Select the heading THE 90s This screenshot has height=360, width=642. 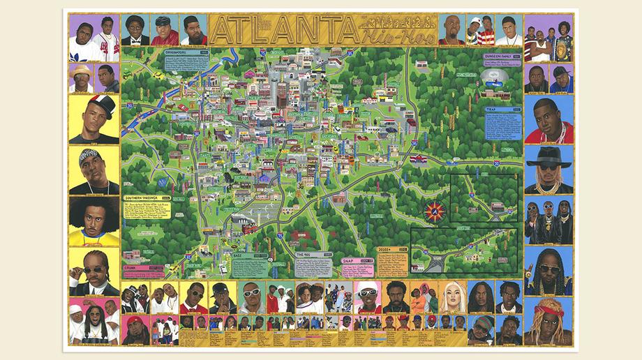click(311, 256)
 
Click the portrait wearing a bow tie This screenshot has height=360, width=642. click(135, 30)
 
